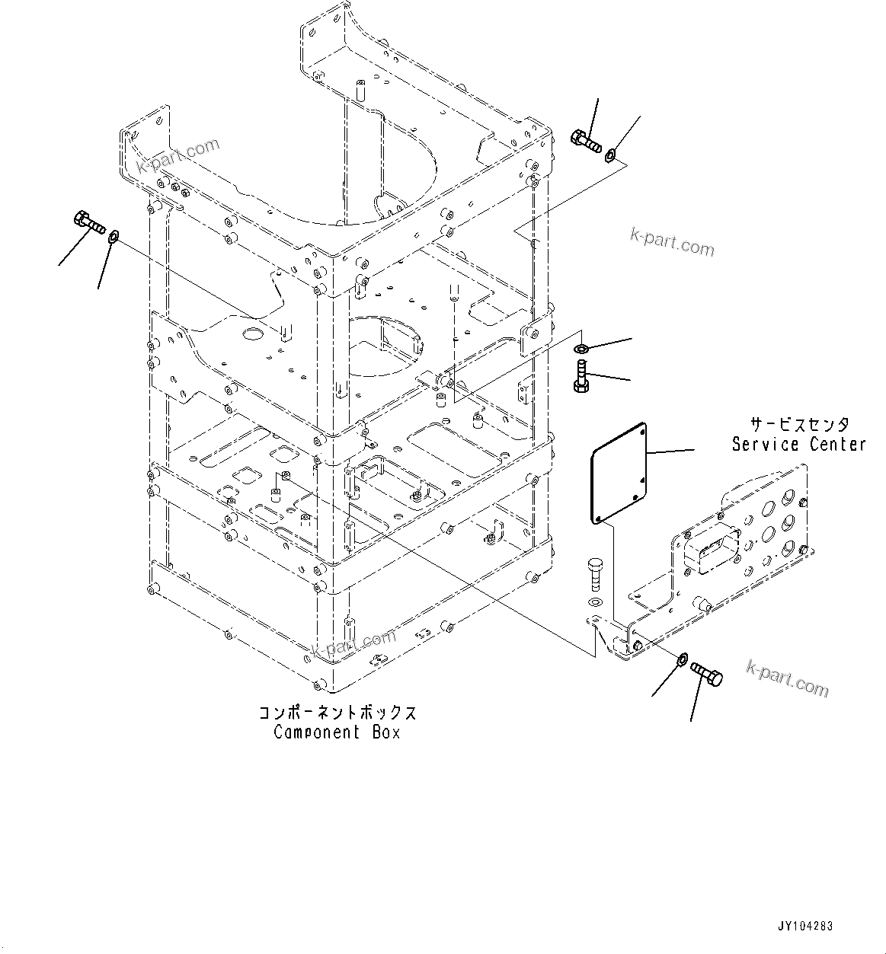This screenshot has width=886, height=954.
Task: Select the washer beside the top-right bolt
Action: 610,157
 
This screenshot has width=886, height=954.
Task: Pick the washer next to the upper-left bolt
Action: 114,237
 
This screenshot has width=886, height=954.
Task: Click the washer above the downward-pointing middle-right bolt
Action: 581,349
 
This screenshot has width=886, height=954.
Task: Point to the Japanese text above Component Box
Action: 337,713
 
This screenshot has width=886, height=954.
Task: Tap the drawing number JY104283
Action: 805,927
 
